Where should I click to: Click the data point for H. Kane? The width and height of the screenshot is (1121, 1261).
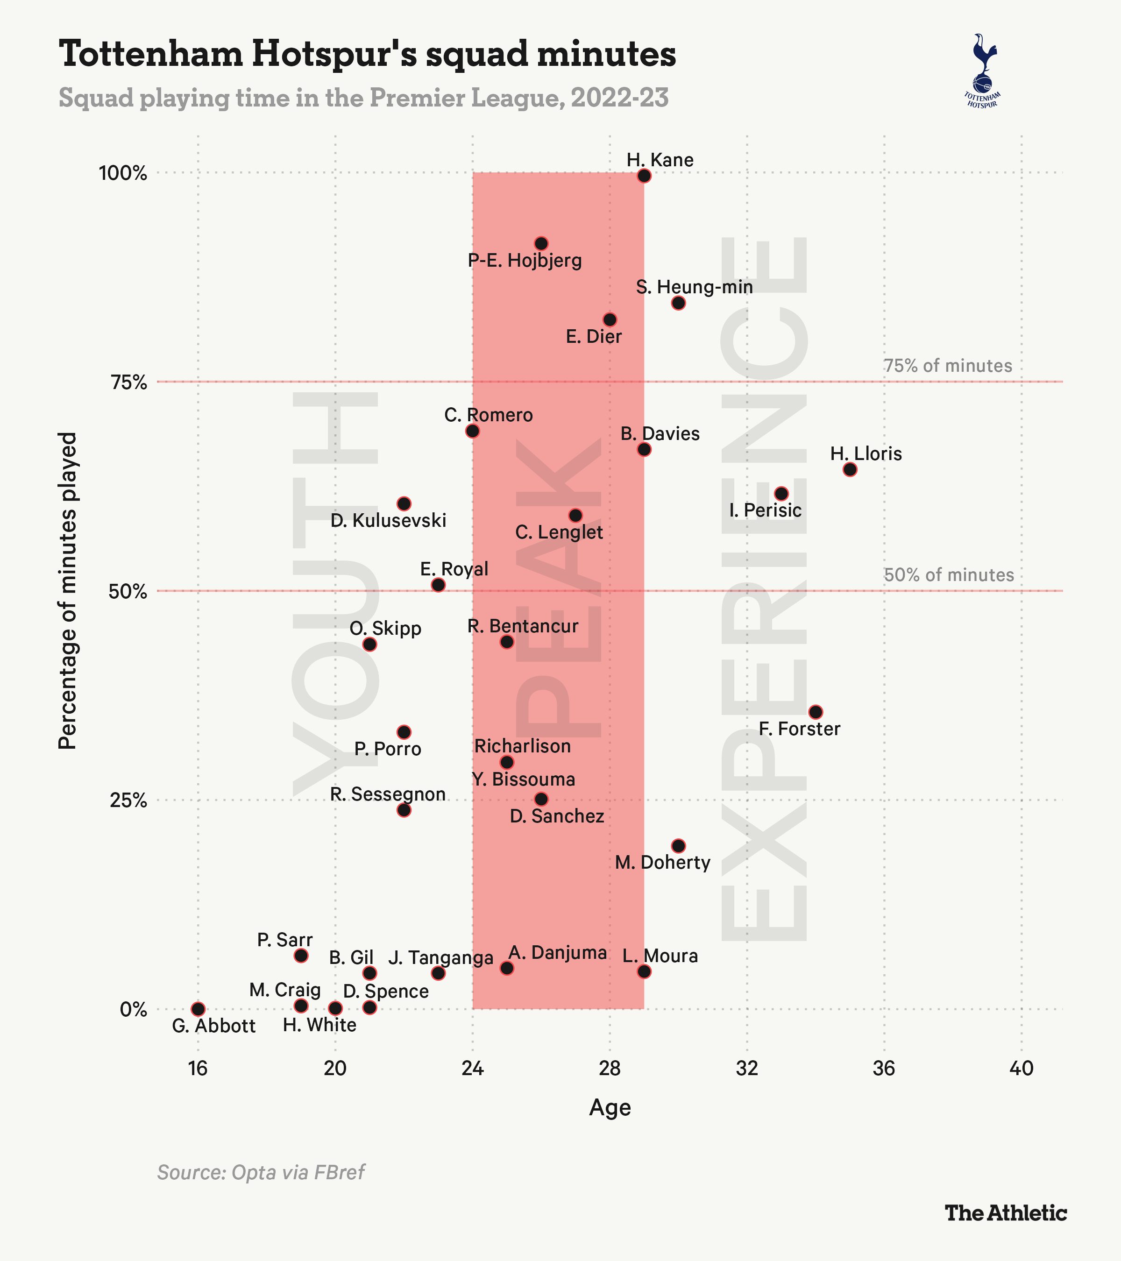(x=644, y=176)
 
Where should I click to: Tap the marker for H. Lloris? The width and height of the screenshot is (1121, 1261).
(x=850, y=469)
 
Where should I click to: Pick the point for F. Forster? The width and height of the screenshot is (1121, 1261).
(x=816, y=712)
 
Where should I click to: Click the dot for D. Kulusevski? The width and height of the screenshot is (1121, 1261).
(x=404, y=503)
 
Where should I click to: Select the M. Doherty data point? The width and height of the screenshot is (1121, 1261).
(x=678, y=845)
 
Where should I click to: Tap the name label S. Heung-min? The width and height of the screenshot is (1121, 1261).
(x=694, y=287)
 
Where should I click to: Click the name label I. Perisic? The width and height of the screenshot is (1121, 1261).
(x=765, y=510)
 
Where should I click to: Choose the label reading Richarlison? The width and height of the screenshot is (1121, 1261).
(x=523, y=746)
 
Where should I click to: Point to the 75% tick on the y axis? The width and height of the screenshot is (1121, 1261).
(x=129, y=383)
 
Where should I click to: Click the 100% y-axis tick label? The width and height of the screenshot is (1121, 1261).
(x=123, y=173)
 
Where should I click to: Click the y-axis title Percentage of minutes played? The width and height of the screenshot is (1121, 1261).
(x=67, y=590)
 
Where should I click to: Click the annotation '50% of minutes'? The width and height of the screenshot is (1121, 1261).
(x=949, y=575)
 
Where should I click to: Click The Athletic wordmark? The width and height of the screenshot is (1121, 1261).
(x=1006, y=1213)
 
